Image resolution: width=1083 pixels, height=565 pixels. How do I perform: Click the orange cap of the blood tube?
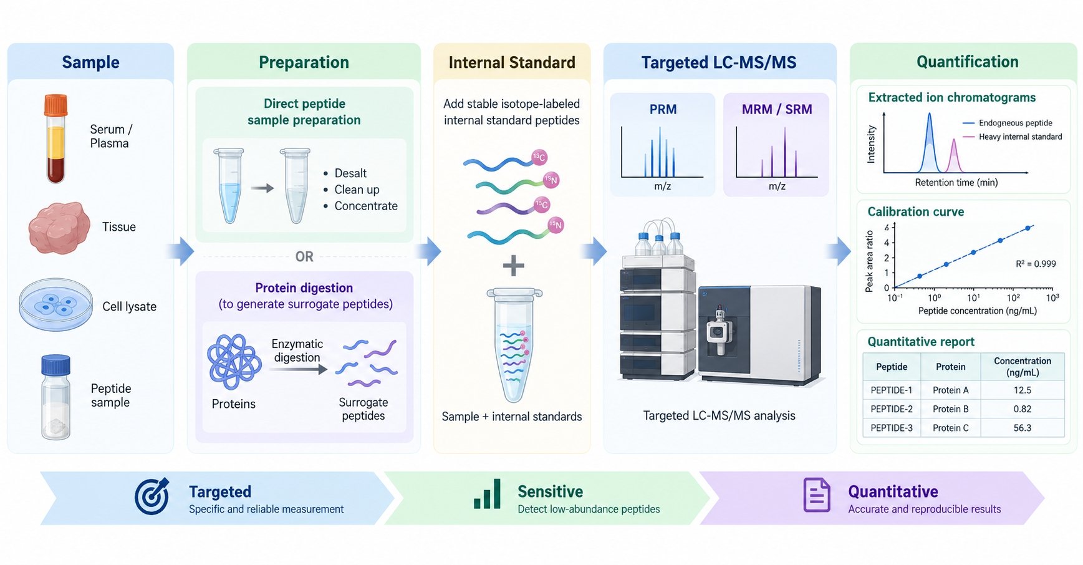tap(55, 105)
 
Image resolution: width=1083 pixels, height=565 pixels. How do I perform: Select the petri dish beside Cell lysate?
tap(56, 304)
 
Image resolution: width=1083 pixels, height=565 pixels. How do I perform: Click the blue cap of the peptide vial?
tap(55, 365)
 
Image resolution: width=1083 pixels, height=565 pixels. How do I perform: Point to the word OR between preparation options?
tap(304, 256)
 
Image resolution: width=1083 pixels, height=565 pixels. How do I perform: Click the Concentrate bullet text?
tap(366, 206)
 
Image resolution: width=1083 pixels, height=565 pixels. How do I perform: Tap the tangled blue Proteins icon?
tap(234, 362)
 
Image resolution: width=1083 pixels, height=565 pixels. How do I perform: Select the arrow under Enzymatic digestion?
tap(299, 369)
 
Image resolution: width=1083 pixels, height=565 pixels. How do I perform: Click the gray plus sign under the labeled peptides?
tap(513, 266)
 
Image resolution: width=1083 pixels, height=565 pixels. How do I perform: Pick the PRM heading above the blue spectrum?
tap(663, 109)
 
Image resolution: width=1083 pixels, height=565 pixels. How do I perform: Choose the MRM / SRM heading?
tap(777, 109)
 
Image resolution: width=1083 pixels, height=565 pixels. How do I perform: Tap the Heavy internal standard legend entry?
tap(1013, 137)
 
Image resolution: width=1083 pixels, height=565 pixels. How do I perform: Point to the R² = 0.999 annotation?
tap(1036, 264)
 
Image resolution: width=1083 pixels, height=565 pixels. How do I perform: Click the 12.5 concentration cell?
tap(1023, 390)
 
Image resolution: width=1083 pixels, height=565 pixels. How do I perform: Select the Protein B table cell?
tap(950, 409)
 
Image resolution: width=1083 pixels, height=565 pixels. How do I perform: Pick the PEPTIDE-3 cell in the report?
tap(892, 428)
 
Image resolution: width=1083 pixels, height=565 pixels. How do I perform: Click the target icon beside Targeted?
tap(152, 496)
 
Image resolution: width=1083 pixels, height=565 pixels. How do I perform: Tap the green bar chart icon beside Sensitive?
tap(488, 494)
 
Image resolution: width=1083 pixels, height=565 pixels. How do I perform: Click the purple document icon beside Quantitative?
tap(817, 495)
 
